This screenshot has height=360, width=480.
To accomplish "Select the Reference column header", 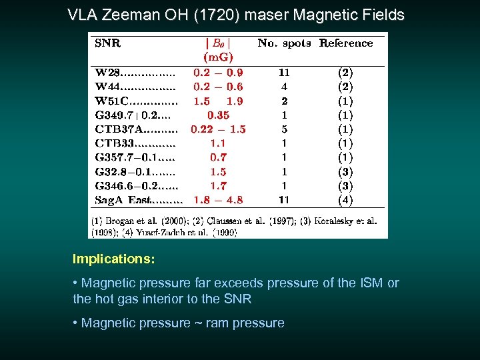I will point(345,43).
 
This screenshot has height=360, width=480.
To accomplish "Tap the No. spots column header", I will point(285,43).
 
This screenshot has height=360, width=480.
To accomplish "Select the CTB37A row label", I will point(117,129).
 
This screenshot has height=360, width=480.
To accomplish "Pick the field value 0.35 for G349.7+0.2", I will point(218,115).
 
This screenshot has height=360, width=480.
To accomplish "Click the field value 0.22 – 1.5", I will point(218,129).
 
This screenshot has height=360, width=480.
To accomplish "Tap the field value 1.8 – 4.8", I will point(218,199).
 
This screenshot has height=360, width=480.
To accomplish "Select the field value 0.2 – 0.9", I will point(218,72).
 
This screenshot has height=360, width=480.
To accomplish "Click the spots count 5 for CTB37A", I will point(284,129).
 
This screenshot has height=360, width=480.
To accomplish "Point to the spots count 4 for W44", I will point(284,87).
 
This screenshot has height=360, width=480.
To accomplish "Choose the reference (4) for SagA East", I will point(345,199).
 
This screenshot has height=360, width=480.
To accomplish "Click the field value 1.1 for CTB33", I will point(218,143).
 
